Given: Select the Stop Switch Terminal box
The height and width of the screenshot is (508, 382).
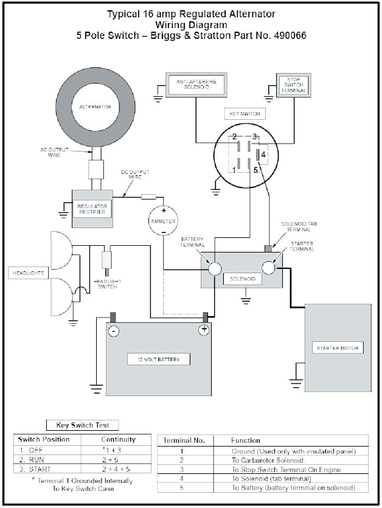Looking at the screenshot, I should [292, 85].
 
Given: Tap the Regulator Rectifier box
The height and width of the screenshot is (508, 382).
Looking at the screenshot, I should [92, 209].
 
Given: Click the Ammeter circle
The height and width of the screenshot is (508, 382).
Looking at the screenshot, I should [163, 221].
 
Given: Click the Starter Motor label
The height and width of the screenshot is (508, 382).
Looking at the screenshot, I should [339, 349].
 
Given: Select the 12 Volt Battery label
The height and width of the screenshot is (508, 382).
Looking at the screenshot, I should [158, 359].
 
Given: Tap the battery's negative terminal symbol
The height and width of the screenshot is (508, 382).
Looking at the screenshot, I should [113, 331].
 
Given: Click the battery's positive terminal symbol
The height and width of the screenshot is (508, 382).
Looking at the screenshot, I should [204, 330].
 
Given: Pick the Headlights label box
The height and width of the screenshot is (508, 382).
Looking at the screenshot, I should [28, 273].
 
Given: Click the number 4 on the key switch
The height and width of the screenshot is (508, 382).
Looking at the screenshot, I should [263, 155].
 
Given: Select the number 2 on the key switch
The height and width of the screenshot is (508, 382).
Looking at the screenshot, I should [234, 136].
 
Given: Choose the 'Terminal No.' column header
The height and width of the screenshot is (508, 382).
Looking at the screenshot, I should [182, 440].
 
